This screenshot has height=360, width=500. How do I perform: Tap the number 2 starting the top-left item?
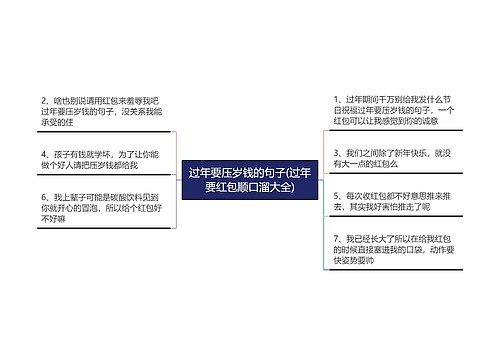click(x=43, y=101)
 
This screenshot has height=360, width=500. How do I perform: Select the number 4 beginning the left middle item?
click(x=43, y=154)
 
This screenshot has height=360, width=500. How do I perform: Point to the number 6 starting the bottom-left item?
click(x=43, y=197)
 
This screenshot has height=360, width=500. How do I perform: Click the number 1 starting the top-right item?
click(x=336, y=100)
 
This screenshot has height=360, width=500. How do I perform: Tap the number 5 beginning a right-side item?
click(x=336, y=197)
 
